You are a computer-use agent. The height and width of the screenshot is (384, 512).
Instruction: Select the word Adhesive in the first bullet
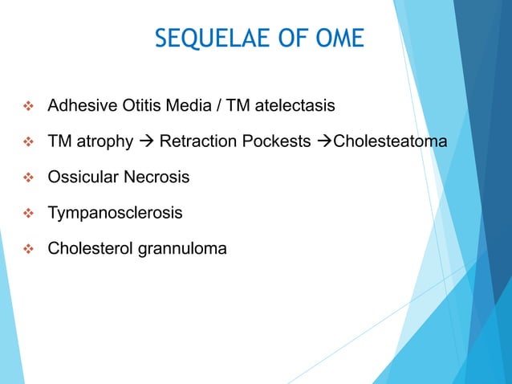coord(79,105)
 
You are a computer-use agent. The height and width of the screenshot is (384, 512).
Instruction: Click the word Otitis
coord(131,105)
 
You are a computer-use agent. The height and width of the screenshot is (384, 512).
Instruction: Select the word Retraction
coord(197,141)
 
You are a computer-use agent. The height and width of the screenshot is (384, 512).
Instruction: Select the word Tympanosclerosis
coord(115,213)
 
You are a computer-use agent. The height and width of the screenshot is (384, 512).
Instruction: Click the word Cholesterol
coord(88,249)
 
